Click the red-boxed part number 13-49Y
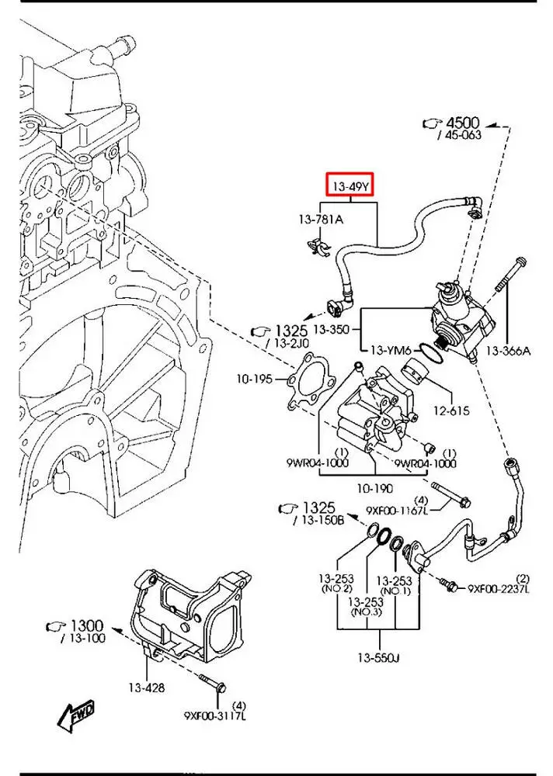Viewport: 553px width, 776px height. coord(350,187)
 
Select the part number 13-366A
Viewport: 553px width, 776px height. coord(510,352)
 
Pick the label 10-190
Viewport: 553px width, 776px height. coord(375,489)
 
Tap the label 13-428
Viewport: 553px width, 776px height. coord(147,687)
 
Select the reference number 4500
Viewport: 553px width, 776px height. coord(462,123)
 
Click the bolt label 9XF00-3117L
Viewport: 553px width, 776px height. coord(216,715)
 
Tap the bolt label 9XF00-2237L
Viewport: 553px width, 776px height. coord(499,589)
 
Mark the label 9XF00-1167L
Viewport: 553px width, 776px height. coord(398,510)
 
